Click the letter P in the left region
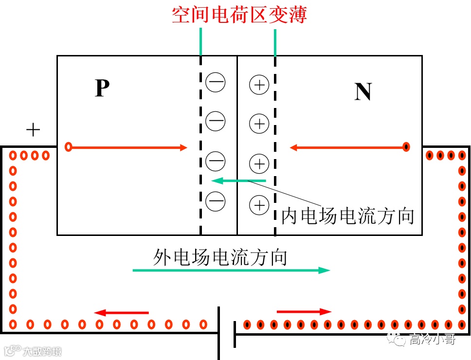[102, 88]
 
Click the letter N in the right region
[363, 91]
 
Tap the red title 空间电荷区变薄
[239, 15]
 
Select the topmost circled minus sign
[215, 82]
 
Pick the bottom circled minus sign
[215, 200]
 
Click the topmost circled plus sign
[259, 85]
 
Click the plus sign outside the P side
[33, 130]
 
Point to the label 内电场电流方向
[348, 216]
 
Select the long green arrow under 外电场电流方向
[231, 270]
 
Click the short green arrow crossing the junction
[238, 181]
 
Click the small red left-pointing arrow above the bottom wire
[121, 312]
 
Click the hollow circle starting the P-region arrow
[69, 147]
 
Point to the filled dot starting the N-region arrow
[406, 147]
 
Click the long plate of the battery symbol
[219, 333]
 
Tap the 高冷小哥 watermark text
[432, 339]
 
